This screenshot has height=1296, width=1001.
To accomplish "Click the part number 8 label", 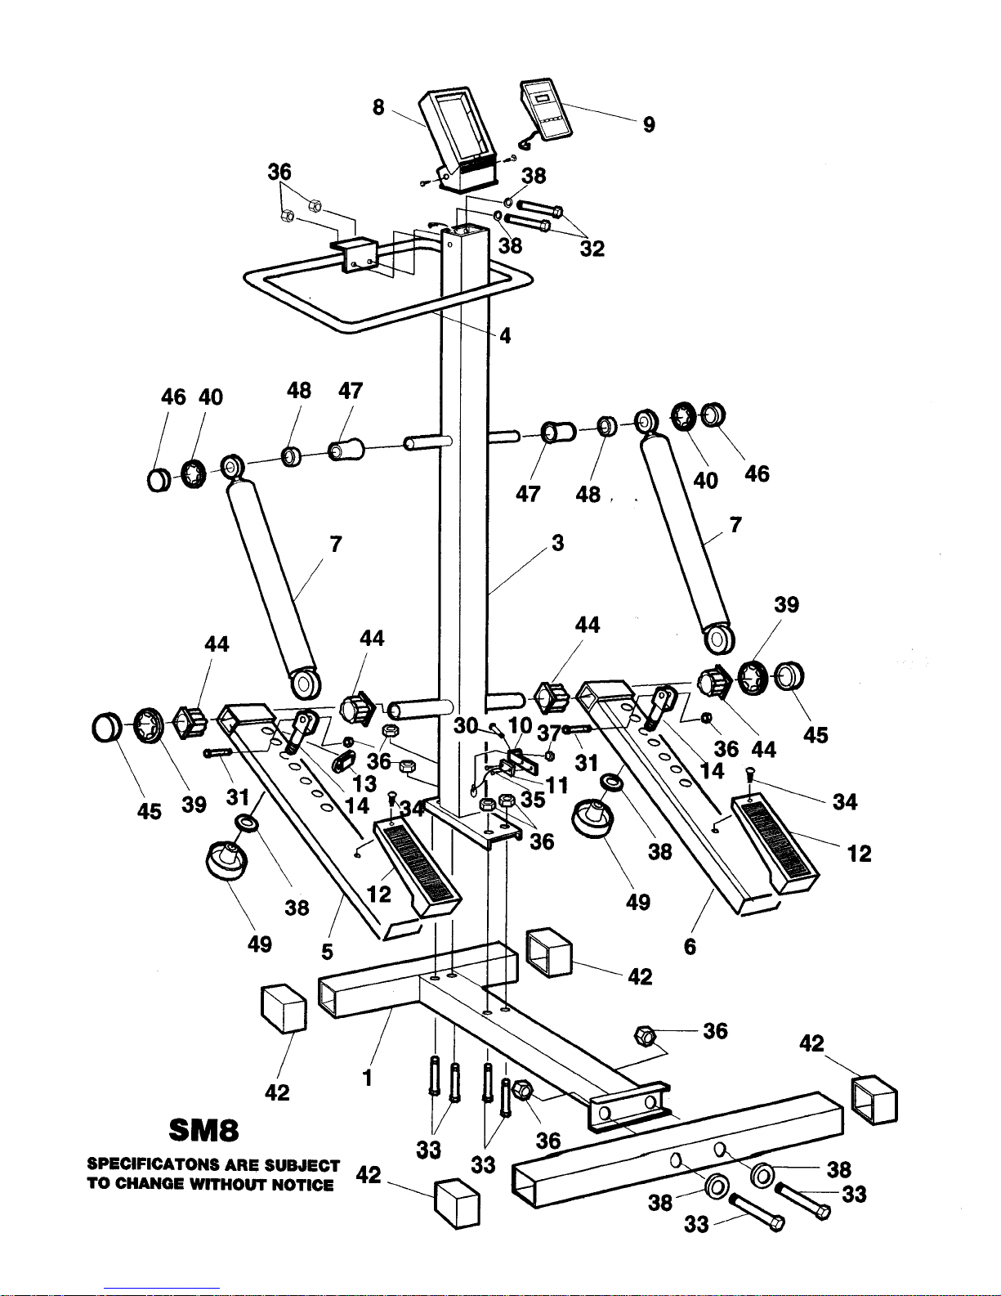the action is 378,107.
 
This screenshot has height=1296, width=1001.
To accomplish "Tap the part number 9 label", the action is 649,124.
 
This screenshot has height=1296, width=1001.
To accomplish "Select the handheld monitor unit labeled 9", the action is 544,110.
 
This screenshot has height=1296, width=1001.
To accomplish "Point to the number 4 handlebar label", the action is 505,336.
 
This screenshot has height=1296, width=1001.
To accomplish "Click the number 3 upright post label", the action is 557,543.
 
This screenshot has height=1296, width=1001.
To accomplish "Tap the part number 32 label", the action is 592,249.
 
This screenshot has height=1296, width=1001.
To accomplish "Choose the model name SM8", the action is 203,1129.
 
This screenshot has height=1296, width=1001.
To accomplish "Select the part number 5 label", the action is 327,952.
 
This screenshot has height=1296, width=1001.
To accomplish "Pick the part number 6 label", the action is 690,947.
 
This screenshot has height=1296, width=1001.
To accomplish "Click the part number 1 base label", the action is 368,1078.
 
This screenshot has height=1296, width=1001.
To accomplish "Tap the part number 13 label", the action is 364,783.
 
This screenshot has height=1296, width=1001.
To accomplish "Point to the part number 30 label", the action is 466,726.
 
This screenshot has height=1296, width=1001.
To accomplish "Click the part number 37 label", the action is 549,733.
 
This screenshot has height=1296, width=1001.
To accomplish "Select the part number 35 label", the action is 533,799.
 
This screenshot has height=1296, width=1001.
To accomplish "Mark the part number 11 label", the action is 556,785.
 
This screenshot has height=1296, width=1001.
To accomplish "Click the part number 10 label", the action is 520,725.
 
